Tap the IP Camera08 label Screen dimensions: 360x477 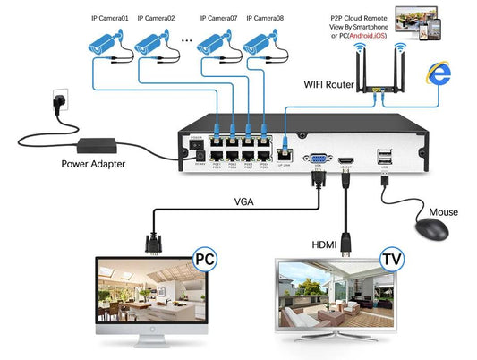pyautogui.click(x=268, y=18)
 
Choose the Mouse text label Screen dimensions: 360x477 pyautogui.click(x=443, y=212)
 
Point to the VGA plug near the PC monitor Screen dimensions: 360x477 pyautogui.click(x=152, y=243)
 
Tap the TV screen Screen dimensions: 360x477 pyautogui.click(x=336, y=296)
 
